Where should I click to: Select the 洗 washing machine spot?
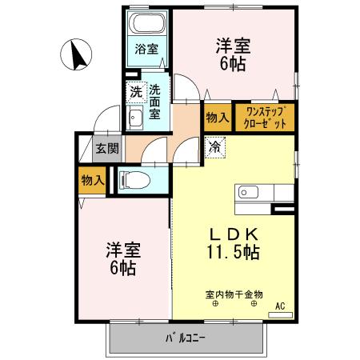[x=137, y=92]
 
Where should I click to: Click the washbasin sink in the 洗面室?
[x=135, y=119]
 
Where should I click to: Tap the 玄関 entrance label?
[x=107, y=148]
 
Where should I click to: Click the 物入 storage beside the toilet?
[x=93, y=180]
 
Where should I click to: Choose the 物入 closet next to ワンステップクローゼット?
[x=217, y=118]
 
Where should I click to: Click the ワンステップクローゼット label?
[x=265, y=118]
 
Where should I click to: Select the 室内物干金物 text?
[x=234, y=294]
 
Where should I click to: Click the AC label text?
[x=280, y=306]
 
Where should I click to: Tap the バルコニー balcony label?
[x=186, y=338]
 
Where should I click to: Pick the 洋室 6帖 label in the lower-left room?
[x=122, y=258]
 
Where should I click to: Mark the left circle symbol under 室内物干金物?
[x=215, y=305]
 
